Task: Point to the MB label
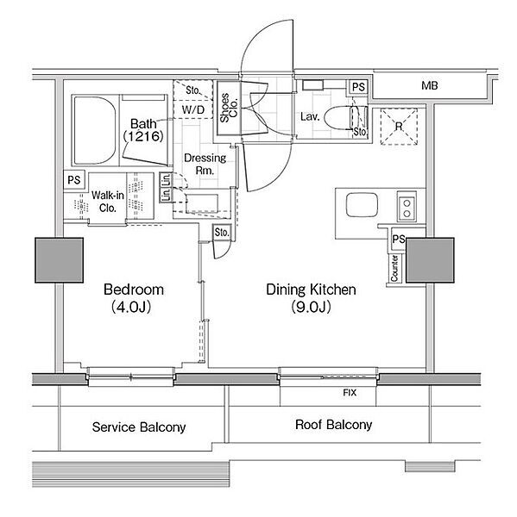coord(430,85)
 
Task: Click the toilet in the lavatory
coord(345,117)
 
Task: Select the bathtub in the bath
coord(95,131)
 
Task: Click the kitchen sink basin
coord(362,205)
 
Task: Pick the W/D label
coord(193,109)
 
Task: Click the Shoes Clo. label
coord(229,108)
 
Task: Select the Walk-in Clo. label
coord(108,202)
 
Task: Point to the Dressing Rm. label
coord(205,164)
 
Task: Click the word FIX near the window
coord(350,393)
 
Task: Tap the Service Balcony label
coord(139,427)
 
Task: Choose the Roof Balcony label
coord(334,425)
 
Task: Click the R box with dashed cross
coord(399,127)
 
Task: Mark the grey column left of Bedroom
coord(60,260)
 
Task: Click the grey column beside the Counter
coord(430,260)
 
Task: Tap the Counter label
coord(394,268)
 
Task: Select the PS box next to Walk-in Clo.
coord(74,180)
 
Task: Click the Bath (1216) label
coord(143,130)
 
